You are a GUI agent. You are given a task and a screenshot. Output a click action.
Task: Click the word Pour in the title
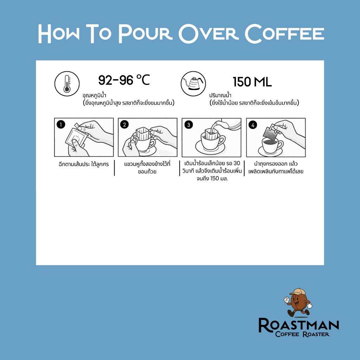[x=145, y=33]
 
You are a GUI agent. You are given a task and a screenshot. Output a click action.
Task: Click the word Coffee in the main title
[x=284, y=33]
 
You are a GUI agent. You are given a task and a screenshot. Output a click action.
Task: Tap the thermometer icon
[x=67, y=84]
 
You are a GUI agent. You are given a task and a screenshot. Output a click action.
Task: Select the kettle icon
[x=193, y=84]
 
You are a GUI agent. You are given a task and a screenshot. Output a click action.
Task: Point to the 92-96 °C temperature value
[x=124, y=80]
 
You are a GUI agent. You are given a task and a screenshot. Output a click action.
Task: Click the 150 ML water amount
[x=252, y=82]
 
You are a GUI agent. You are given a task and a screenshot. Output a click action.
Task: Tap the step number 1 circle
[x=61, y=125]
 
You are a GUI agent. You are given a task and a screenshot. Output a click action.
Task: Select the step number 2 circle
[x=124, y=125]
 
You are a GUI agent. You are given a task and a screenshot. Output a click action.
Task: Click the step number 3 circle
[x=188, y=125]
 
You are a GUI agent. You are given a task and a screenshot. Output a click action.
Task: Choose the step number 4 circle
[x=253, y=125]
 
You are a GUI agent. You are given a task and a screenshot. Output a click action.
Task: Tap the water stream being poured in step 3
[x=214, y=128]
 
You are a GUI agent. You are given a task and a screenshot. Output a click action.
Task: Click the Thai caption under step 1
[x=84, y=164]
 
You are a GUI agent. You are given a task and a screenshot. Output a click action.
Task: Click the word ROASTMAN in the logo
[x=299, y=325]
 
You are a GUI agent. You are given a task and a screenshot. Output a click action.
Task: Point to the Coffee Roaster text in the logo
[x=302, y=334]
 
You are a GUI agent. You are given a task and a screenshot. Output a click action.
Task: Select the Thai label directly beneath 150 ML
[x=220, y=95]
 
